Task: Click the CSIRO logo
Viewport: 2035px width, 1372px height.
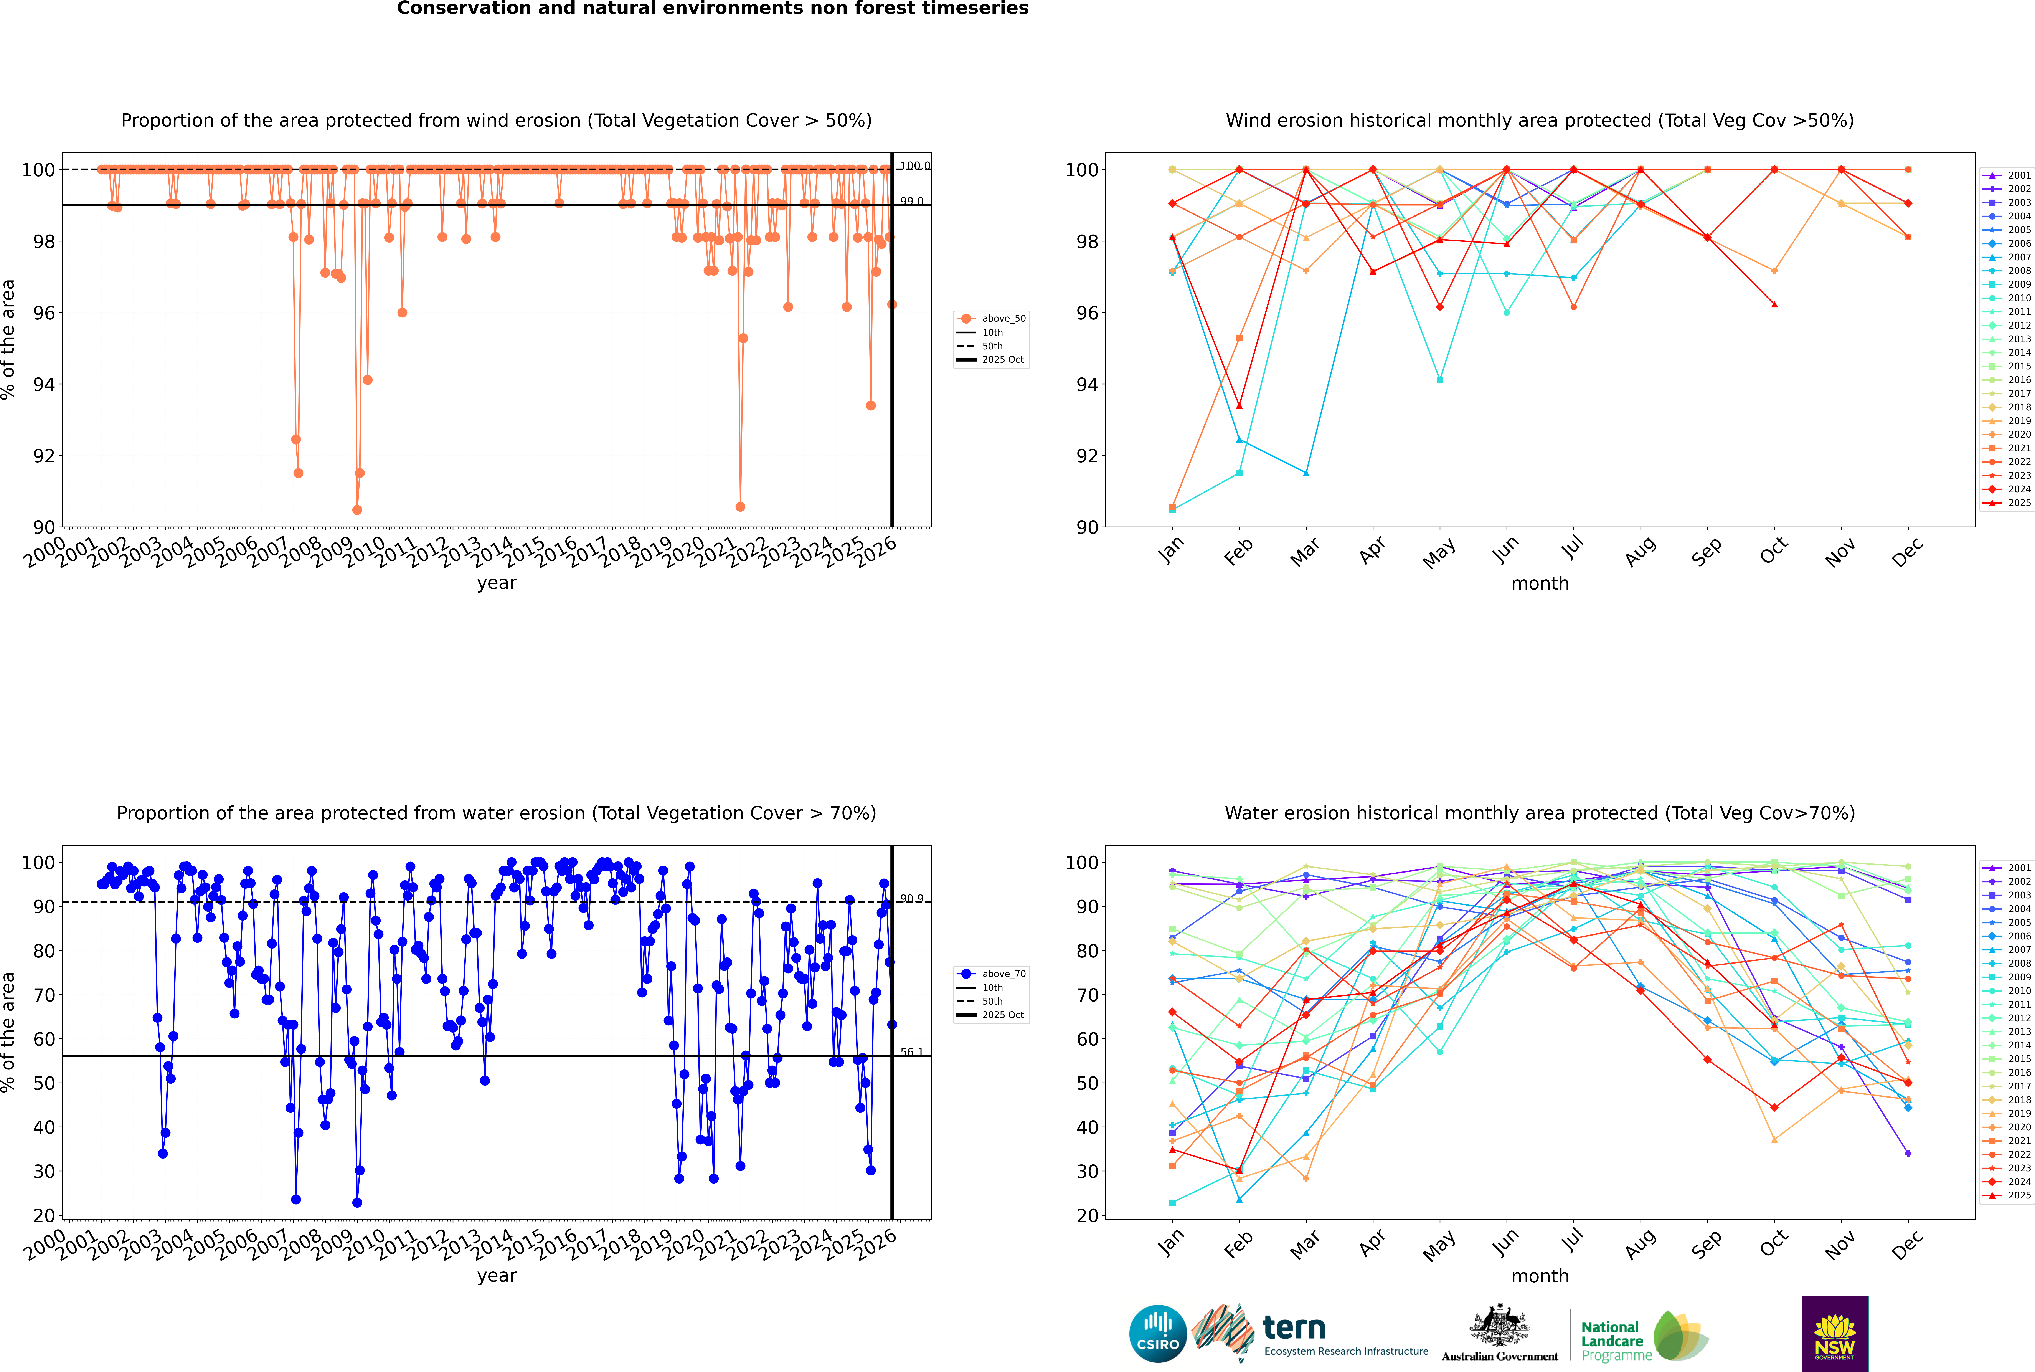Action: point(1157,1334)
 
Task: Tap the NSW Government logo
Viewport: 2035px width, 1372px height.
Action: point(1835,1333)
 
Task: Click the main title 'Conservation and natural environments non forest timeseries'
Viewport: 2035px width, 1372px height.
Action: point(712,9)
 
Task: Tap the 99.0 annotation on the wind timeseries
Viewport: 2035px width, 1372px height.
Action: point(912,201)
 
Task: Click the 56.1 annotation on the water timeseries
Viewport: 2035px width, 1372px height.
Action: point(912,1052)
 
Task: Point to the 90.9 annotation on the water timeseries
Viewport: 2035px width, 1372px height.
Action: point(912,899)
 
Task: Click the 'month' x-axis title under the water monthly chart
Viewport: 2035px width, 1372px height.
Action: point(1540,1276)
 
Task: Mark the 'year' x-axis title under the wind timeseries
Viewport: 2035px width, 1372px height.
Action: point(496,583)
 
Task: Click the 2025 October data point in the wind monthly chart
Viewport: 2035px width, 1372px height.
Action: point(1774,304)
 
